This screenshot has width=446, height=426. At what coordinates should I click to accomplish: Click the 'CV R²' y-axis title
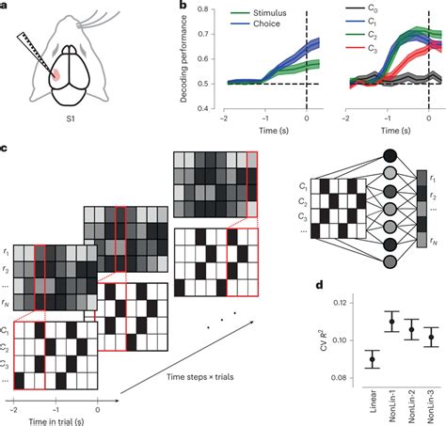[x=327, y=330]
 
